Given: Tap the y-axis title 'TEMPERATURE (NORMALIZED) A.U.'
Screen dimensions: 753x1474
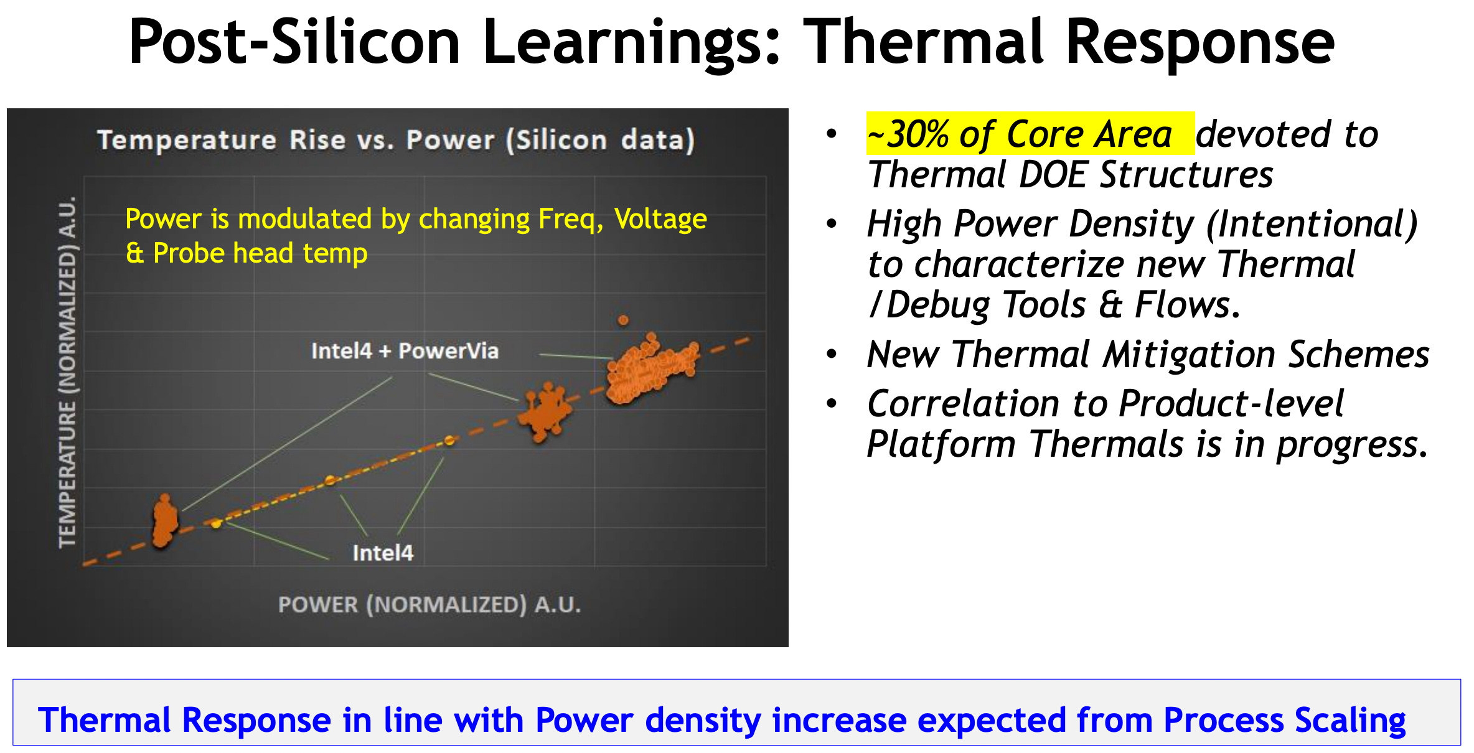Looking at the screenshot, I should pos(67,372).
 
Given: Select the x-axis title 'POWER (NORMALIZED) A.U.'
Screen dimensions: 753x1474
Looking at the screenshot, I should pos(430,604).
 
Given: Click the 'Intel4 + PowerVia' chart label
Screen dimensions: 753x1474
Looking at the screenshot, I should pos(405,351).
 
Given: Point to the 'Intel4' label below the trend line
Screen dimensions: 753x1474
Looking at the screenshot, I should pos(382,553).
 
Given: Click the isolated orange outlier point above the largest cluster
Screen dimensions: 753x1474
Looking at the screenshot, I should pos(623,320).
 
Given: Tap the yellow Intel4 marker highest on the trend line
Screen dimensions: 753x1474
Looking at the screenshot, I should pos(449,441).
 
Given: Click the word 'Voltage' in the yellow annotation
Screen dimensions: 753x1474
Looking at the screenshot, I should pos(660,219).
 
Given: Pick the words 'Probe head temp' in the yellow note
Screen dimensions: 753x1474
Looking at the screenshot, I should pos(260,253).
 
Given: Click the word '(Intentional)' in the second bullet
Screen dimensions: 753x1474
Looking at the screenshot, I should pos(1312,224).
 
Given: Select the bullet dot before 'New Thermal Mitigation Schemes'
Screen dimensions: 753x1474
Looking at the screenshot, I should pos(832,354).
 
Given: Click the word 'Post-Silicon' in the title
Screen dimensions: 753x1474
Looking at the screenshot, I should pos(294,42).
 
